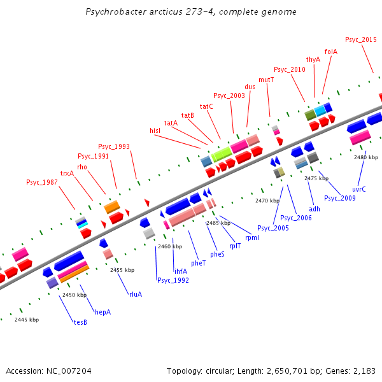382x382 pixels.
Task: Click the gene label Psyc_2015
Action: point(361,39)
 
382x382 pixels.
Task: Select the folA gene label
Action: point(330,52)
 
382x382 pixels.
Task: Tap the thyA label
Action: point(313,59)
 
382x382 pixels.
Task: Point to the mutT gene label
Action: point(266,80)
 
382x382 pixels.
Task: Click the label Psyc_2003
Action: point(229,95)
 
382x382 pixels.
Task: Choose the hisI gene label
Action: point(155,131)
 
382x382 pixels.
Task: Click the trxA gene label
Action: point(67,173)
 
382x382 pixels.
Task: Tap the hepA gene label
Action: point(103,312)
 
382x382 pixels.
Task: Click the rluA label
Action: point(136,294)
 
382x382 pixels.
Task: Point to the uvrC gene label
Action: point(359,189)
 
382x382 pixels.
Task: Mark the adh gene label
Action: point(315,208)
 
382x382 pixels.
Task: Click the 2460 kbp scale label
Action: point(170,246)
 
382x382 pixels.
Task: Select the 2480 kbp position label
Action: point(366,157)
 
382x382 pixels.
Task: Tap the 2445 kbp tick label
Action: point(27,320)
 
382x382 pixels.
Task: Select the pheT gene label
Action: point(199,262)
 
